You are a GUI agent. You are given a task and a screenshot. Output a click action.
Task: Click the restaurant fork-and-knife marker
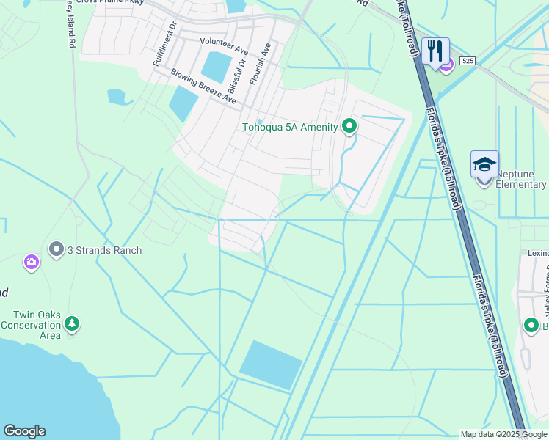(436, 51)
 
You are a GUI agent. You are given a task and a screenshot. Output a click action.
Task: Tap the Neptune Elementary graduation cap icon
(484, 164)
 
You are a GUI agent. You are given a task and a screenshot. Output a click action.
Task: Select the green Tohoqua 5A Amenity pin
(349, 127)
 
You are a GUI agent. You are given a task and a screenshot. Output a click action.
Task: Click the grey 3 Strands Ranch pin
(56, 250)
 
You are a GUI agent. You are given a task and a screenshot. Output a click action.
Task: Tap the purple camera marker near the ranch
(31, 262)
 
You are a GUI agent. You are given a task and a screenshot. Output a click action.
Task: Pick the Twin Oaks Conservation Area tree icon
(71, 323)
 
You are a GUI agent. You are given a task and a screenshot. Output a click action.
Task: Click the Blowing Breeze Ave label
(203, 86)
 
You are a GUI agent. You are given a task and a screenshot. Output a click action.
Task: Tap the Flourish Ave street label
(261, 64)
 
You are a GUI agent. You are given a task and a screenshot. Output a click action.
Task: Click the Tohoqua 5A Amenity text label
(290, 128)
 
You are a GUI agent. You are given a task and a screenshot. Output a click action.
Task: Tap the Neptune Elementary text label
(521, 179)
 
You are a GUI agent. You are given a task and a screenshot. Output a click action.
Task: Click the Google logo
(24, 431)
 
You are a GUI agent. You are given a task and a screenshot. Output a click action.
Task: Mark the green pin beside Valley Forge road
(531, 325)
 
